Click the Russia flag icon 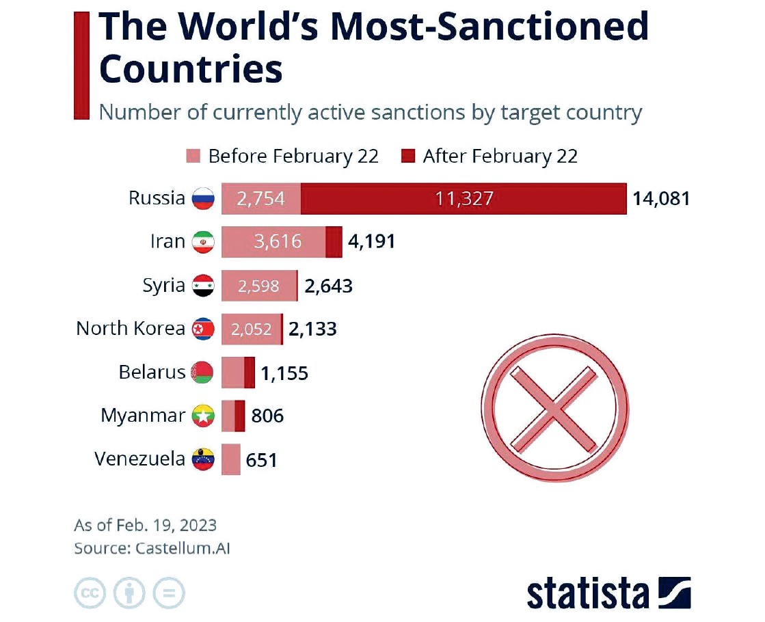(x=203, y=198)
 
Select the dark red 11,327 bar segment (x=464, y=198)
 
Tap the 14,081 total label (x=661, y=199)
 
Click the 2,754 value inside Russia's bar (x=260, y=199)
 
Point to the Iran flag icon (x=203, y=242)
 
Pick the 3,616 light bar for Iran (x=273, y=242)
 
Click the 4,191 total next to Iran (x=372, y=242)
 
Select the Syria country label (x=163, y=285)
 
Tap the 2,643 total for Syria (x=329, y=286)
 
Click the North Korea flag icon (x=203, y=329)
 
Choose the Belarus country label (x=152, y=373)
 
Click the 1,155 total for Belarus (x=284, y=373)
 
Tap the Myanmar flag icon (x=203, y=416)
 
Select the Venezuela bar (x=231, y=459)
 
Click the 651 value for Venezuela (x=262, y=460)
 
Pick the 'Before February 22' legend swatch (x=193, y=157)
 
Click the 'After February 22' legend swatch (x=408, y=157)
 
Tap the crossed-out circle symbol (x=554, y=408)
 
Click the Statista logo (x=608, y=592)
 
